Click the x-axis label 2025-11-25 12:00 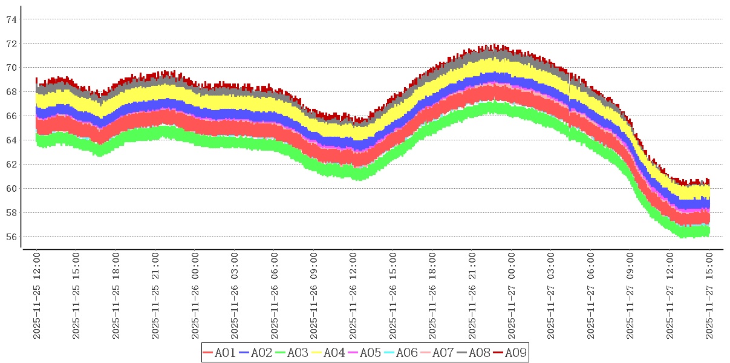point(37,296)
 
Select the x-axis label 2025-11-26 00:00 point(195,296)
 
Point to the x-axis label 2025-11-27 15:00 point(709,296)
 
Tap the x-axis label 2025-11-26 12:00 point(354,296)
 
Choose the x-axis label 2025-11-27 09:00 point(630,296)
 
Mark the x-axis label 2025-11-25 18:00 point(116,296)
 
